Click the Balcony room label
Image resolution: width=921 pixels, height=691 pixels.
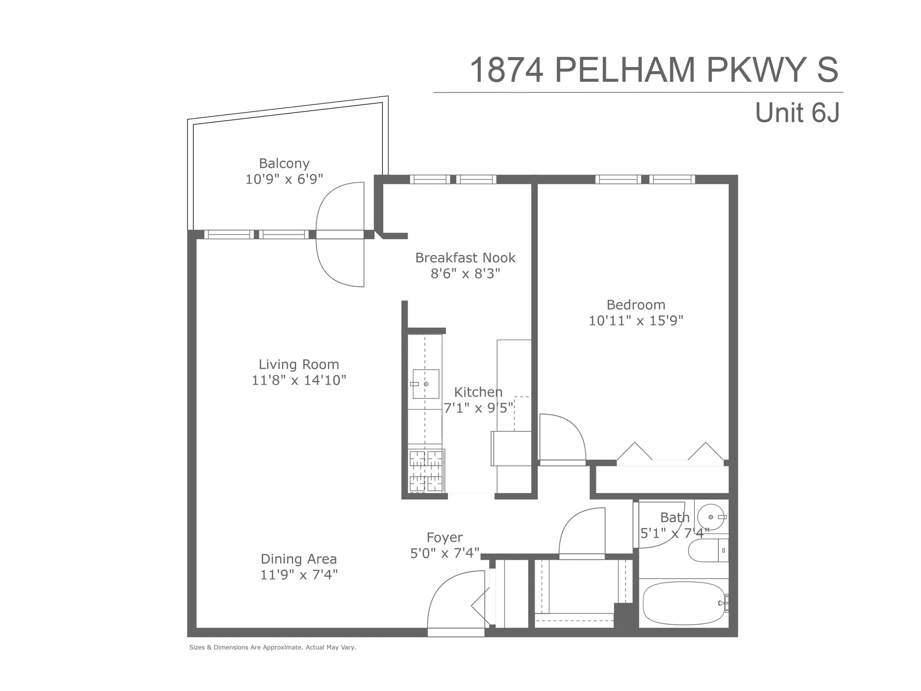[284, 163]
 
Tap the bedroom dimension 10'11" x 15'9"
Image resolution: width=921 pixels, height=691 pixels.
[636, 321]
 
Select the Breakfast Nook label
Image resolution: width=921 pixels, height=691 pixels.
[465, 258]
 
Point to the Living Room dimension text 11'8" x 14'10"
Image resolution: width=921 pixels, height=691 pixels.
[299, 381]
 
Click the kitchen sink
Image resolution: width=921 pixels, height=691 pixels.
[425, 384]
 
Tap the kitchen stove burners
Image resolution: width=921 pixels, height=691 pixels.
[426, 471]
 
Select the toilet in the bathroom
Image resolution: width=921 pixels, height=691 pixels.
[706, 550]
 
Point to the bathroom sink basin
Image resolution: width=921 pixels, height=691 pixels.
[711, 517]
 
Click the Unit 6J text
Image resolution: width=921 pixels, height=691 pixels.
[797, 112]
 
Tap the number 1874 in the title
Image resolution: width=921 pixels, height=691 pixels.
[506, 71]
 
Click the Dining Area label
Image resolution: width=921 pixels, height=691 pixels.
[299, 559]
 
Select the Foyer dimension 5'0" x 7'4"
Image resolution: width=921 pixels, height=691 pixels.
[445, 553]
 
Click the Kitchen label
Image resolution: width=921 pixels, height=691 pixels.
[478, 392]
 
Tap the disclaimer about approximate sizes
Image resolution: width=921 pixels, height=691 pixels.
[273, 647]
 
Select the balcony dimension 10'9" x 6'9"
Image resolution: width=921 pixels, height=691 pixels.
[284, 179]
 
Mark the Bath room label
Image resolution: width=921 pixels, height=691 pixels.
[675, 518]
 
